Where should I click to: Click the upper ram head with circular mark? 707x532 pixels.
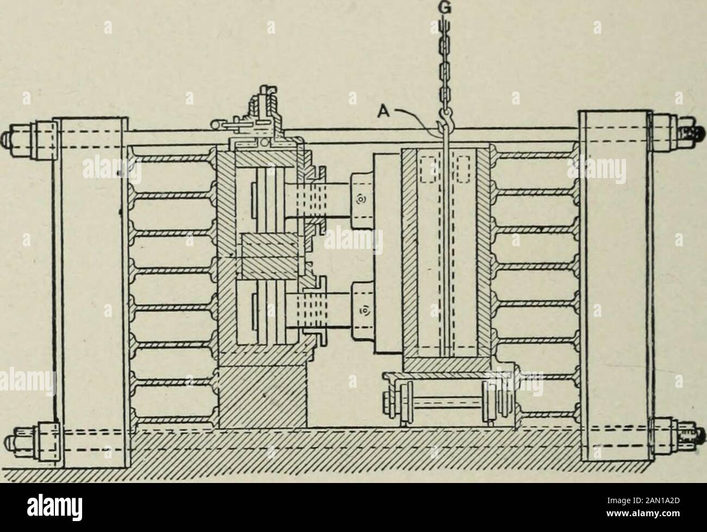(362, 201)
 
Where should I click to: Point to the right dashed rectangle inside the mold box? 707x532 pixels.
(463, 169)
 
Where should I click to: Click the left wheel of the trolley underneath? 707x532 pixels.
(406, 403)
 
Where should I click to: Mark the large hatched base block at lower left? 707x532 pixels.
(262, 396)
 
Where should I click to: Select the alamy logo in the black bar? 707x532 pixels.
(55, 508)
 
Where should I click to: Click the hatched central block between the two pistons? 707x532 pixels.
(270, 256)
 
